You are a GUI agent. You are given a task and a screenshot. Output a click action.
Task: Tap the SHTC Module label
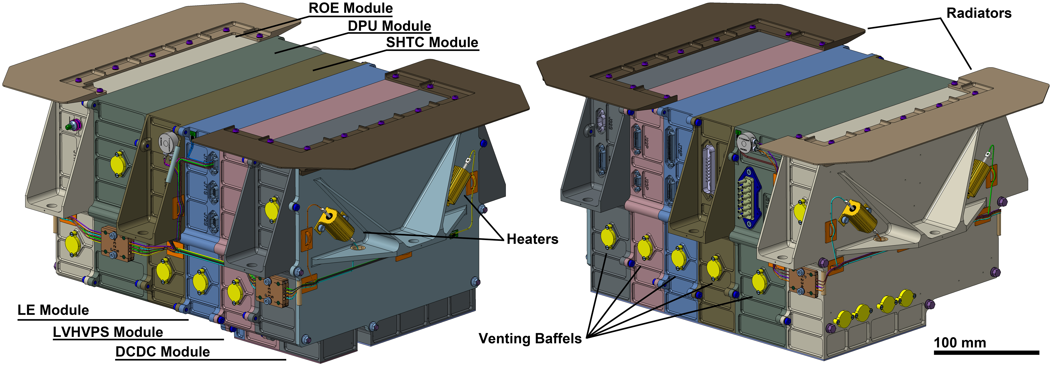[432, 43]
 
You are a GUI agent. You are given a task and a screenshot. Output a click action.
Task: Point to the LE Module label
[53, 310]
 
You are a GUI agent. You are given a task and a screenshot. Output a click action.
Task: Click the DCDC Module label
[163, 352]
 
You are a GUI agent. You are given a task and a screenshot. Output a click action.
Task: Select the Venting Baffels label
[530, 338]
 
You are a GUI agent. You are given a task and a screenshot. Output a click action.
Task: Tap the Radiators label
[979, 13]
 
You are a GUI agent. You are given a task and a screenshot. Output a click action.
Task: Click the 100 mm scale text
[960, 342]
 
